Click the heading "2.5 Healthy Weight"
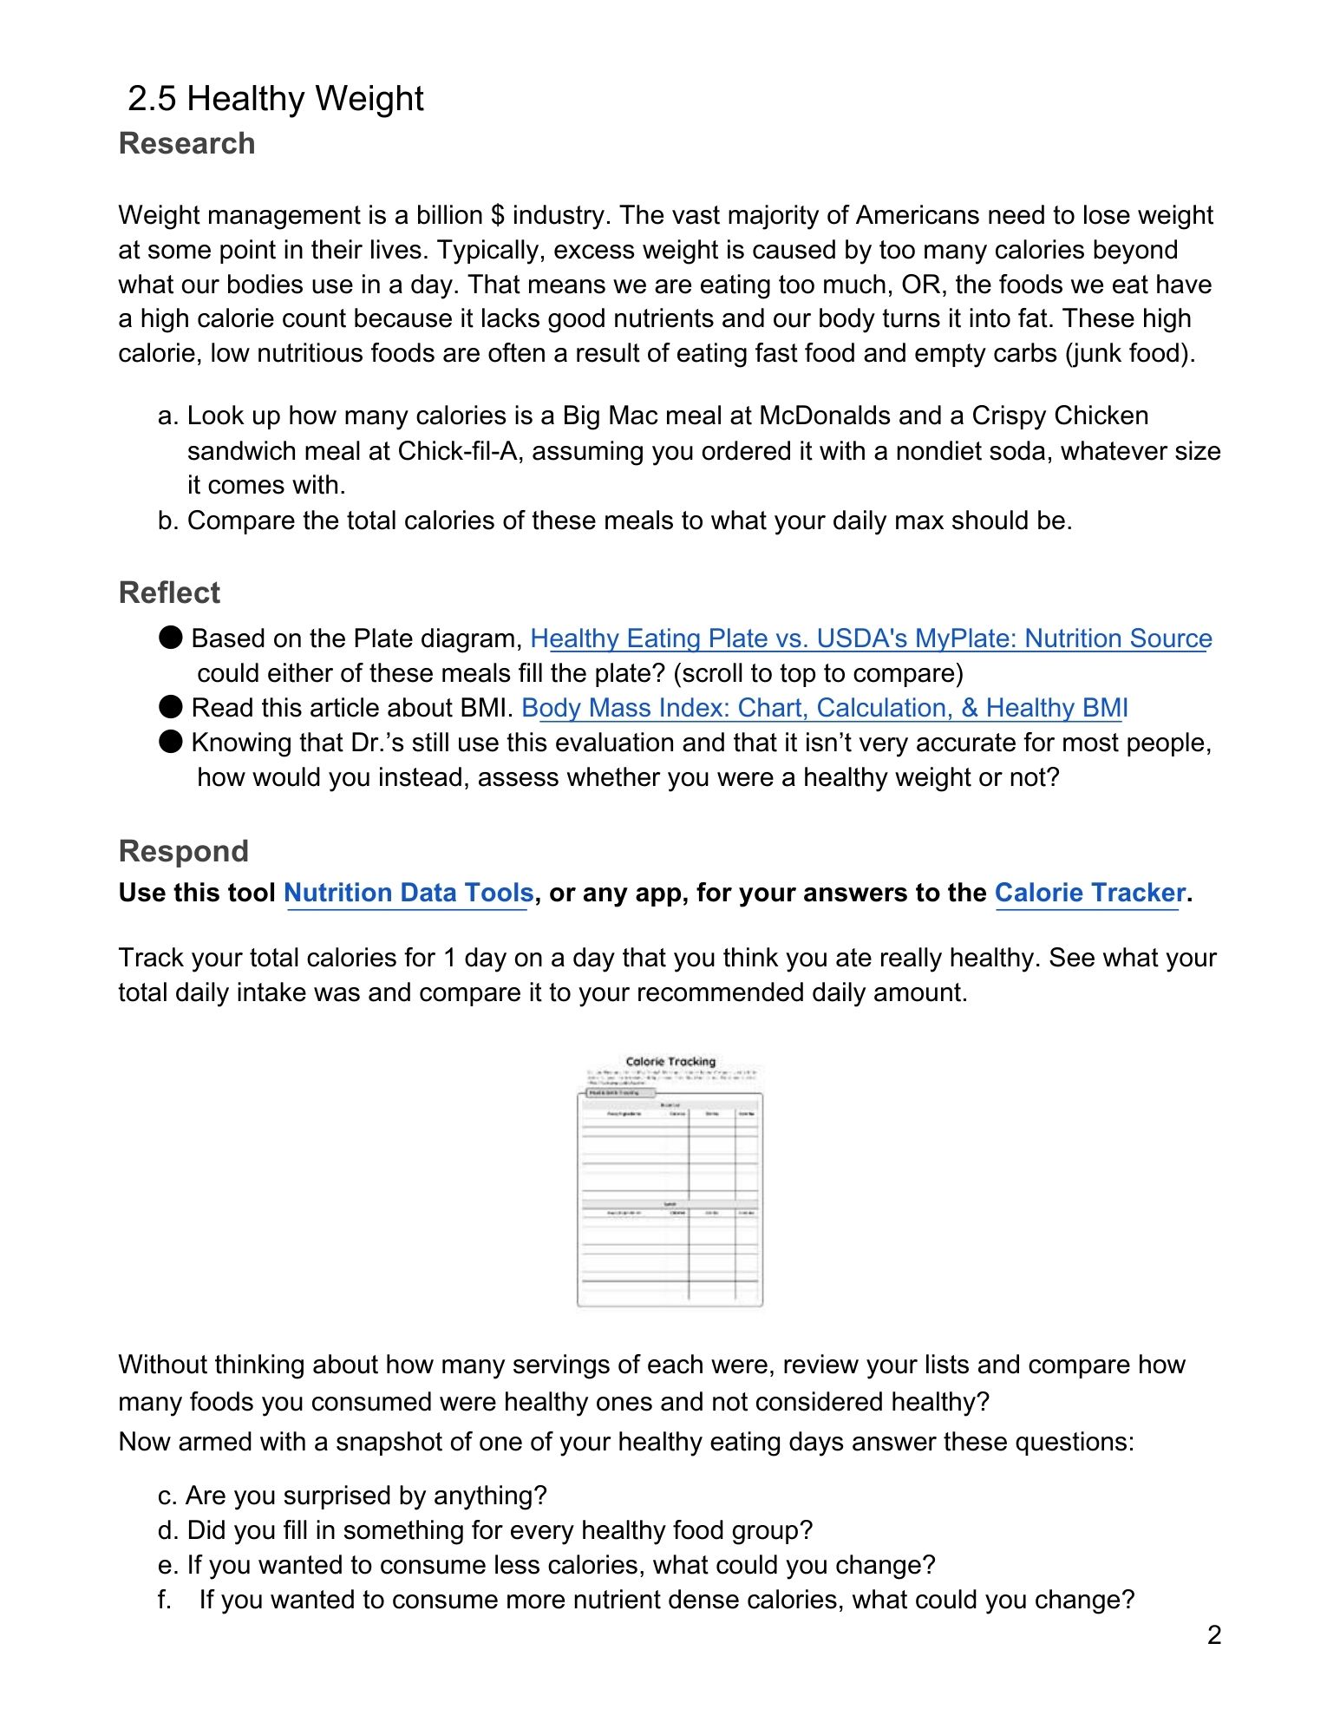pyautogui.click(x=275, y=99)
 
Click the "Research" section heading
pyautogui.click(x=186, y=143)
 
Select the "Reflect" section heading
pyautogui.click(x=169, y=593)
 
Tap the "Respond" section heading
pyautogui.click(x=183, y=851)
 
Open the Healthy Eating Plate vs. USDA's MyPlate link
pyautogui.click(x=871, y=638)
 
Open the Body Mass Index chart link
pyautogui.click(x=824, y=708)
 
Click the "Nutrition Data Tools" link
pyautogui.click(x=409, y=893)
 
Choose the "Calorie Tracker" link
pyautogui.click(x=1089, y=893)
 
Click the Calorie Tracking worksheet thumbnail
pyautogui.click(x=670, y=1181)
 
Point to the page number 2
pyautogui.click(x=1214, y=1635)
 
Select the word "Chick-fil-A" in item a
pyautogui.click(x=461, y=451)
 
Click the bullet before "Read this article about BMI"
pyautogui.click(x=171, y=707)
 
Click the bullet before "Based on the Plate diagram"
pyautogui.click(x=171, y=638)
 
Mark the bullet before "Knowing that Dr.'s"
pyautogui.click(x=171, y=742)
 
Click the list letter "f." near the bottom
pyautogui.click(x=165, y=1600)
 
